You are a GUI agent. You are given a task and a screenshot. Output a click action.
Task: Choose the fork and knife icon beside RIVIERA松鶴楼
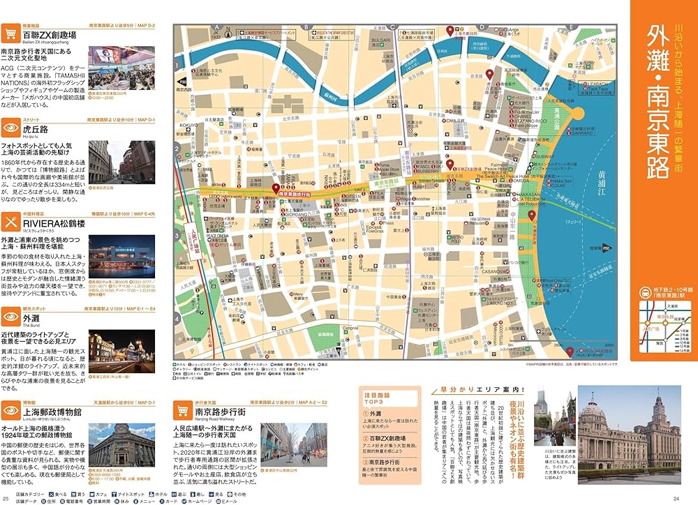point(10,223)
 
